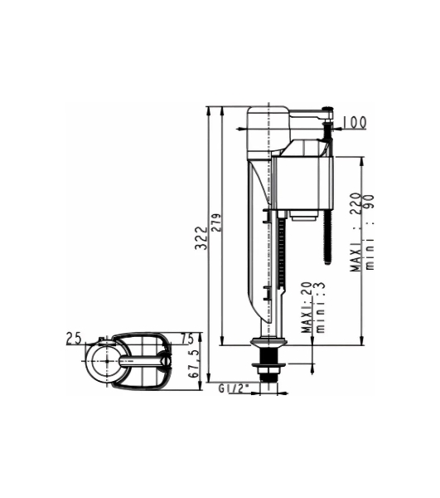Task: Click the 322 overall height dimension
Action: [x=201, y=238]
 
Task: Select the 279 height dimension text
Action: [x=217, y=223]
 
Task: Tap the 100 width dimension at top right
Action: [x=355, y=122]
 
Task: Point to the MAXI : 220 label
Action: [x=355, y=232]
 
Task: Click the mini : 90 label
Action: [x=370, y=232]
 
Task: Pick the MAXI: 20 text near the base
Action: [x=307, y=307]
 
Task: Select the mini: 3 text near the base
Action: [x=320, y=307]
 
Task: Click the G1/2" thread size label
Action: [x=234, y=388]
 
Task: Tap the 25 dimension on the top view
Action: [x=74, y=339]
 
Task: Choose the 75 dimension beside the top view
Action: [x=187, y=339]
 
